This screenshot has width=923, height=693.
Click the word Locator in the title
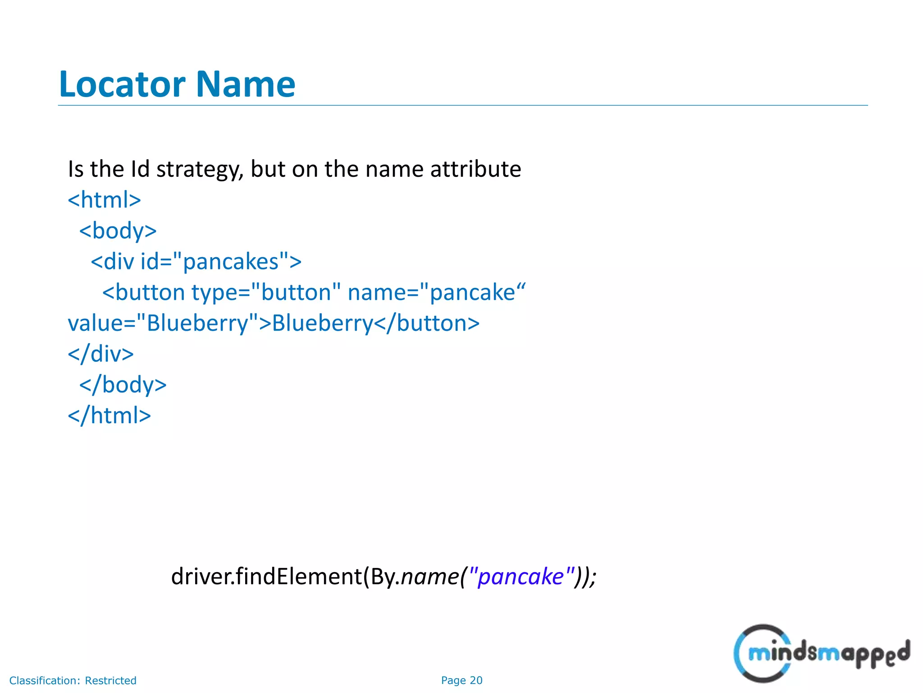(122, 84)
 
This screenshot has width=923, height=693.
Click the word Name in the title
(246, 84)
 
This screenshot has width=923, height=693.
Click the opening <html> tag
(104, 200)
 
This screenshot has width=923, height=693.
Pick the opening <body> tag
(118, 231)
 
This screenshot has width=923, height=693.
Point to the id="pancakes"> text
(221, 262)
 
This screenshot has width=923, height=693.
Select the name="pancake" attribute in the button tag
(436, 292)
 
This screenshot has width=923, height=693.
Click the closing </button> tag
(427, 323)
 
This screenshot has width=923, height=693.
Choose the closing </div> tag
(101, 354)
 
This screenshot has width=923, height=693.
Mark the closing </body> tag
(123, 385)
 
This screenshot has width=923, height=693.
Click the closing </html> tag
(109, 416)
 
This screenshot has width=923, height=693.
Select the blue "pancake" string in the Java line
(521, 577)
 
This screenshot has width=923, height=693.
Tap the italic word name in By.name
(430, 577)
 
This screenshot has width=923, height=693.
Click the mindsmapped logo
(821, 653)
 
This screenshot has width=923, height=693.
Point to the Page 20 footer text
(461, 680)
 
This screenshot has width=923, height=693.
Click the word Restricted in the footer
(110, 680)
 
